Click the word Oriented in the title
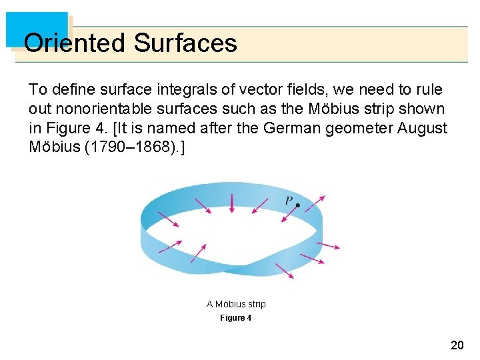(x=74, y=43)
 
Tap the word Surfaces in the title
(x=185, y=43)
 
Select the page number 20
(x=457, y=345)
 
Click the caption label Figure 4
(x=236, y=318)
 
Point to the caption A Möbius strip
(x=236, y=304)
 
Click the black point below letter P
(x=297, y=206)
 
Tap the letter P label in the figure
(x=289, y=199)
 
